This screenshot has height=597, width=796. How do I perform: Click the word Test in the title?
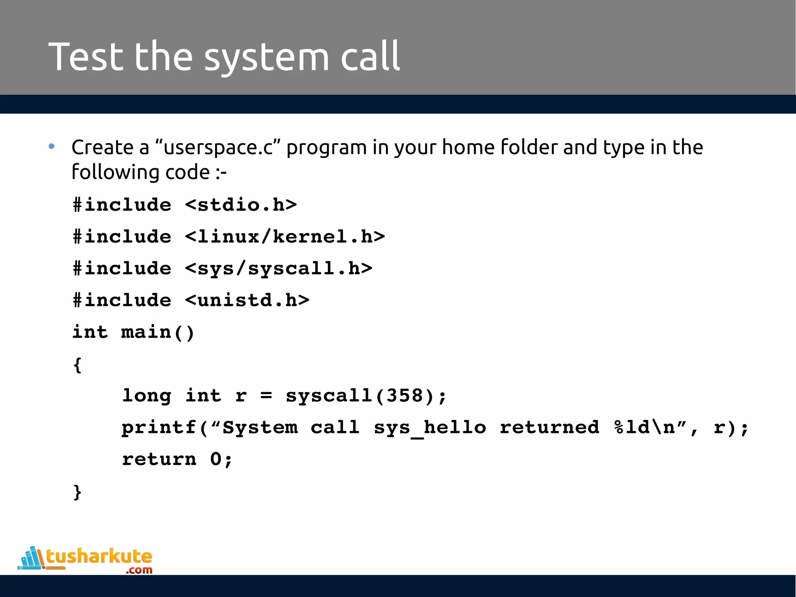click(x=86, y=57)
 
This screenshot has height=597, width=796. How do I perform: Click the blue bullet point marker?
click(x=52, y=147)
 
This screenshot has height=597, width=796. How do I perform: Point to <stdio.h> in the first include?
click(x=241, y=205)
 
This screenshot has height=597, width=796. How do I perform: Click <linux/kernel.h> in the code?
click(x=285, y=237)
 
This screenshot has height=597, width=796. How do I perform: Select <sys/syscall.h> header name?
click(x=279, y=269)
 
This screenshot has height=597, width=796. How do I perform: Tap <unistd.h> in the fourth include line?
click(x=247, y=300)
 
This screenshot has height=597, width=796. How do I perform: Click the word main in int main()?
click(x=146, y=332)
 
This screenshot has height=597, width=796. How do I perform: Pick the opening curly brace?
click(x=77, y=365)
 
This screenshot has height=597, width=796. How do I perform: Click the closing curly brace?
click(x=77, y=492)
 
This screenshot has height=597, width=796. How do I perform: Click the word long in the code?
click(x=147, y=396)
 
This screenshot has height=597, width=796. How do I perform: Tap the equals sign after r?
click(x=266, y=396)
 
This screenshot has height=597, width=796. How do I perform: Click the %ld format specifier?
click(x=632, y=428)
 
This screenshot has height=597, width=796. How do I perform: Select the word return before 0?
click(x=159, y=460)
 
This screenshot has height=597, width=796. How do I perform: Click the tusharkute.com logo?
click(x=86, y=560)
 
